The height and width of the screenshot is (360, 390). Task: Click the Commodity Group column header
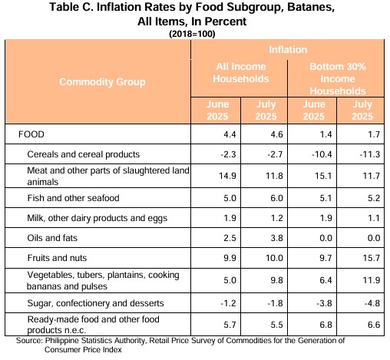click(x=102, y=82)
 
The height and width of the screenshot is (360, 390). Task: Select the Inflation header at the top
click(x=288, y=50)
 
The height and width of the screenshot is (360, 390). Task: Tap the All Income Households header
click(x=241, y=73)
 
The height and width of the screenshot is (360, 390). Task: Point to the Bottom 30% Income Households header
click(x=338, y=78)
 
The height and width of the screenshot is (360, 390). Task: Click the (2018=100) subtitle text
click(x=192, y=34)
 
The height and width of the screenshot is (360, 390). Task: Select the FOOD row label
click(x=31, y=134)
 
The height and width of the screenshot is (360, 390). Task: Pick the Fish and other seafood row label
click(x=73, y=198)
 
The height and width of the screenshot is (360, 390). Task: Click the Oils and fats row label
click(x=52, y=238)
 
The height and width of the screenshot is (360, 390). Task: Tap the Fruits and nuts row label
click(x=57, y=258)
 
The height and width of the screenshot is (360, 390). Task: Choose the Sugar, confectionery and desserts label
click(x=95, y=303)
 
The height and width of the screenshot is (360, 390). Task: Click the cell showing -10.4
click(x=322, y=154)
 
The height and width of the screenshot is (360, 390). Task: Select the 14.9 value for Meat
click(x=227, y=176)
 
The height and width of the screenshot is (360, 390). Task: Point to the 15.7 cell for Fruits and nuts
click(x=371, y=258)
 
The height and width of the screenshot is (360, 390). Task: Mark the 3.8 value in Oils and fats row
click(x=276, y=238)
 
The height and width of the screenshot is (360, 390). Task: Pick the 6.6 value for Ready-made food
click(x=374, y=325)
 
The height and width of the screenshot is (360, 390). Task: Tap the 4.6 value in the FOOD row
click(x=276, y=134)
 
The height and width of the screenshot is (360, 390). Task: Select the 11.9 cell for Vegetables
click(x=371, y=280)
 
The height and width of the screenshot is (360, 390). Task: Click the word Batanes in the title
click(x=311, y=7)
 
